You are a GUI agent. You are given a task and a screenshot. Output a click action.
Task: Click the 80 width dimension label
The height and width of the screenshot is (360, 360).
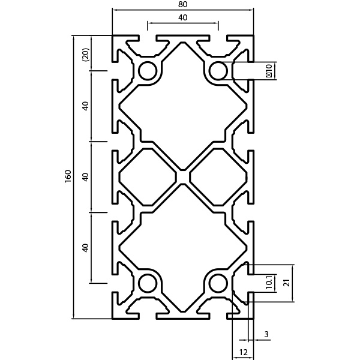click(x=183, y=4)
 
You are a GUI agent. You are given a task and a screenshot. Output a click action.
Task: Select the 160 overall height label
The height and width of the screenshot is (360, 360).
click(x=68, y=176)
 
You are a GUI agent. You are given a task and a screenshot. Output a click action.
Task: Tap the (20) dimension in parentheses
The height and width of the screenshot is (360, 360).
click(x=85, y=55)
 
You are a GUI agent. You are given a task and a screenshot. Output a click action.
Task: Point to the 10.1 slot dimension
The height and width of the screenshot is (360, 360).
click(x=269, y=282)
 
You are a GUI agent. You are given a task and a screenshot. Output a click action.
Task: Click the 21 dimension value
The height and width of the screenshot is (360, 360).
click(x=286, y=283)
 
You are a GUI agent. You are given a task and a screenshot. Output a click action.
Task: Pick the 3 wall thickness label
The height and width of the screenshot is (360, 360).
click(x=266, y=334)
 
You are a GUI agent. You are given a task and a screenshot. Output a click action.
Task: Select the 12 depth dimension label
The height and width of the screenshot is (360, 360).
click(x=244, y=352)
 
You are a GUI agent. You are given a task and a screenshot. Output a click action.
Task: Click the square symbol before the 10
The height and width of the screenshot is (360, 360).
click(x=269, y=75)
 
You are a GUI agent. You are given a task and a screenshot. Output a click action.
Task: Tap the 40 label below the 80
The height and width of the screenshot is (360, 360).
click(x=183, y=17)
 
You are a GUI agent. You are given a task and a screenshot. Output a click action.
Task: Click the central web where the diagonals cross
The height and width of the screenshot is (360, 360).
click(x=183, y=177)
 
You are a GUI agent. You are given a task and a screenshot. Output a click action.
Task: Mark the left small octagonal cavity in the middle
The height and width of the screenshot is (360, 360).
click(x=148, y=177)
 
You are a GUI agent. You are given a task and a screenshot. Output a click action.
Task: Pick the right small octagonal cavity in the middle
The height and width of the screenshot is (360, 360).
click(x=218, y=177)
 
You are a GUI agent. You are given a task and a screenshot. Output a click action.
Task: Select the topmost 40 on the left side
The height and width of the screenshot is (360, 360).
click(x=85, y=106)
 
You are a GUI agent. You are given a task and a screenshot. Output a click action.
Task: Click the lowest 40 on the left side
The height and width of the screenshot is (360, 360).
click(x=85, y=248)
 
